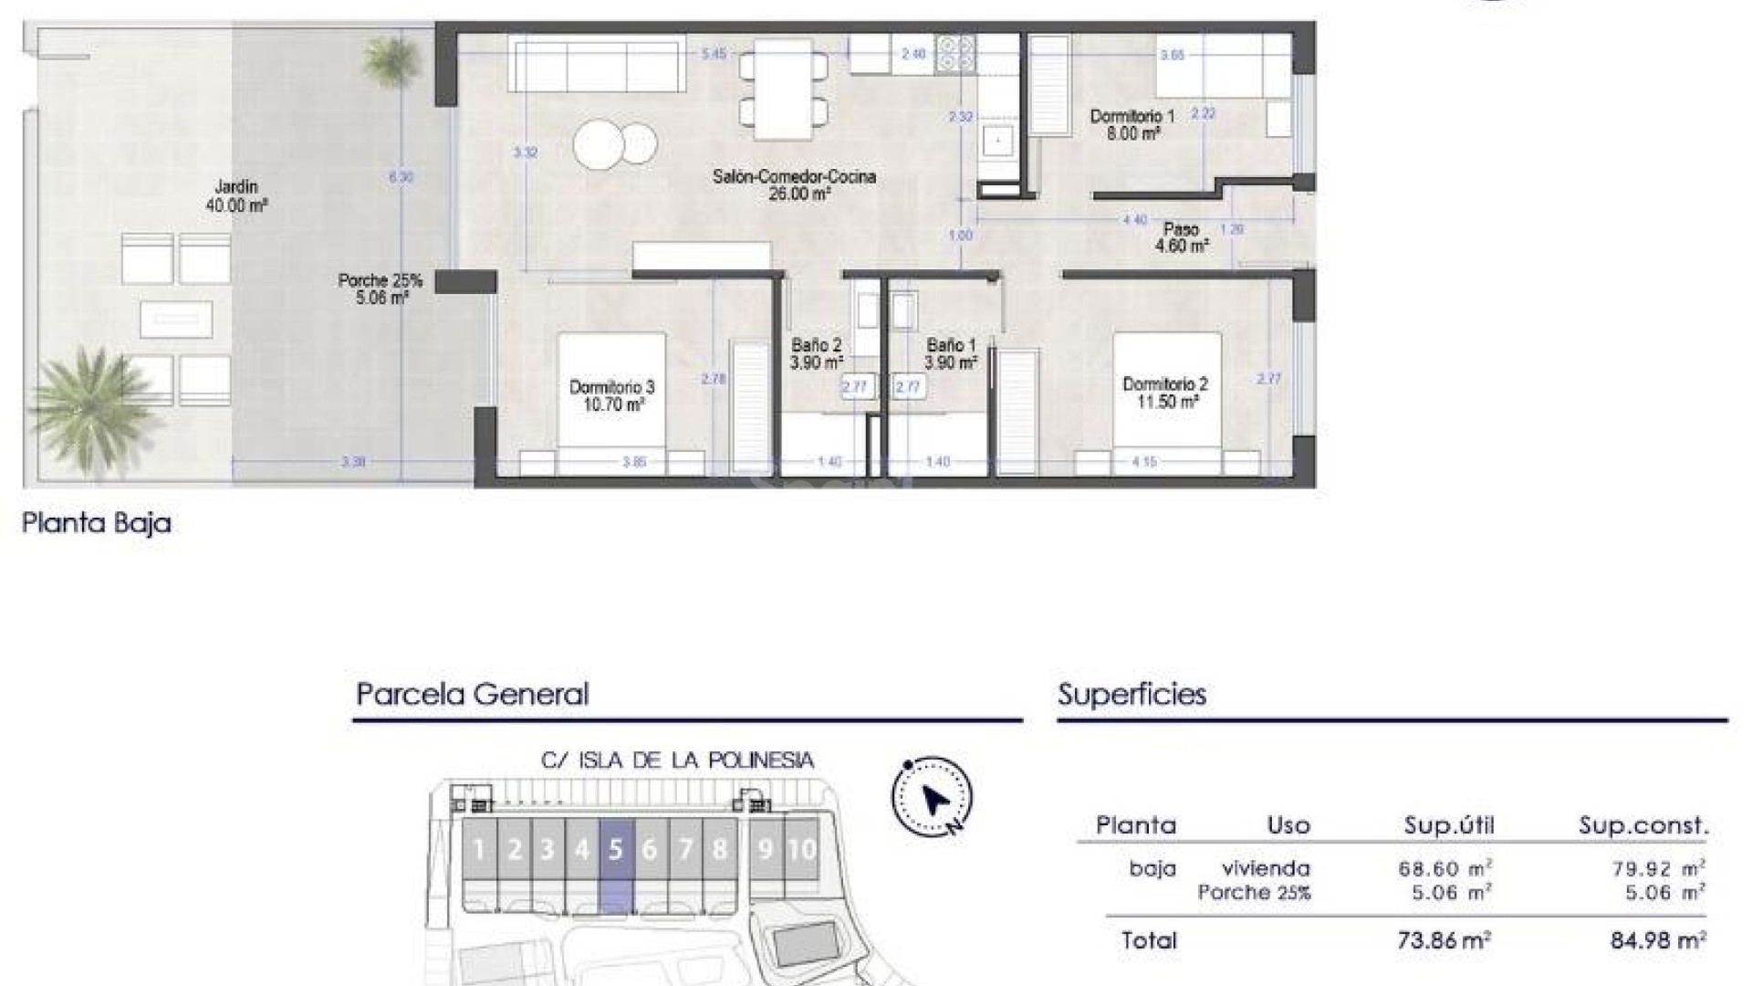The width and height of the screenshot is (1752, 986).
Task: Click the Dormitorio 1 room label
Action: (1131, 124)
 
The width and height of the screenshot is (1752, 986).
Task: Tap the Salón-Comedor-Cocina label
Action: (794, 184)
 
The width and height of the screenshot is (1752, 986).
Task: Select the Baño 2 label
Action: (816, 353)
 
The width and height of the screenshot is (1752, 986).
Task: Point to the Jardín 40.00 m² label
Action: (236, 196)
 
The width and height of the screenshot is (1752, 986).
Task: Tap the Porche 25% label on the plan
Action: (381, 288)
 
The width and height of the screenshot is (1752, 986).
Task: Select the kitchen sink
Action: (997, 142)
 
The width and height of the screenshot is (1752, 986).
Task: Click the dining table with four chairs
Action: (784, 89)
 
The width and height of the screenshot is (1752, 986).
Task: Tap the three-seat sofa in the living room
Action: (597, 64)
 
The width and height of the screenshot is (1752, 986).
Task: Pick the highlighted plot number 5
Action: (615, 850)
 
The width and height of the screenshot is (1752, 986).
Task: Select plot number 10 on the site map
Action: (801, 850)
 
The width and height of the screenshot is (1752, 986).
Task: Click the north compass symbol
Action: (932, 797)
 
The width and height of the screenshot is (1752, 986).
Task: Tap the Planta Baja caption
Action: (97, 523)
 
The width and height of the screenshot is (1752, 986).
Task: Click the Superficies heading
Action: (1131, 695)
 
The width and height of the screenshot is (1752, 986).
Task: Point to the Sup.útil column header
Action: (1448, 826)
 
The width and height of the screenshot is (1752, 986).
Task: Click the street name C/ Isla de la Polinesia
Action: (677, 760)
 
